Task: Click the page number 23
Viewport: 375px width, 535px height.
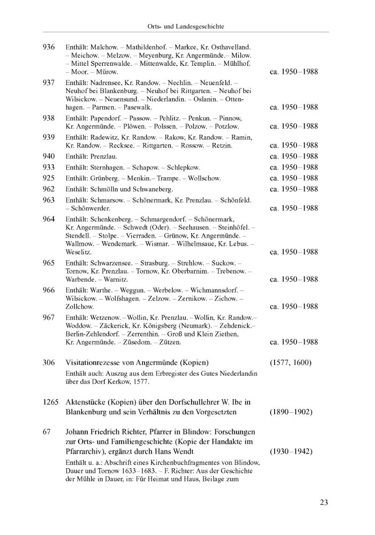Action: tap(324, 502)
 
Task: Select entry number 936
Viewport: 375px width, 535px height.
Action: tap(49, 47)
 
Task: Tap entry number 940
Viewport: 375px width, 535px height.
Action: tap(49, 156)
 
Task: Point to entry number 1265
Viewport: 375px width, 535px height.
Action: tap(51, 402)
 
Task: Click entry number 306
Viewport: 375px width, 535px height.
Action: tap(49, 362)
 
